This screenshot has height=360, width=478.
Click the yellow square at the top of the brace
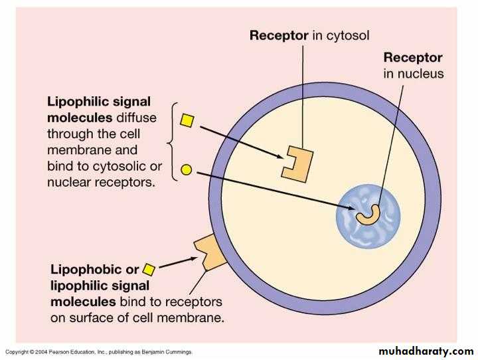coord(187,121)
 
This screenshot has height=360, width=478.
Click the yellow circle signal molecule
coord(187,169)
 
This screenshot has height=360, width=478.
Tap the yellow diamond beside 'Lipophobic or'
coord(149,270)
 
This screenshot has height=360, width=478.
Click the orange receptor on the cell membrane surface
coord(208,252)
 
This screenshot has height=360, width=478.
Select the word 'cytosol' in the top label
coord(346,35)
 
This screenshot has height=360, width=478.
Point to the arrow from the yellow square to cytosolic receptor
coord(239,139)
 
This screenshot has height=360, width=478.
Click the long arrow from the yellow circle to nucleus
coord(272,189)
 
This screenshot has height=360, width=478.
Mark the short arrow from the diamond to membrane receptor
coord(176,264)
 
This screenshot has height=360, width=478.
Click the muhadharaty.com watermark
coord(426,350)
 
